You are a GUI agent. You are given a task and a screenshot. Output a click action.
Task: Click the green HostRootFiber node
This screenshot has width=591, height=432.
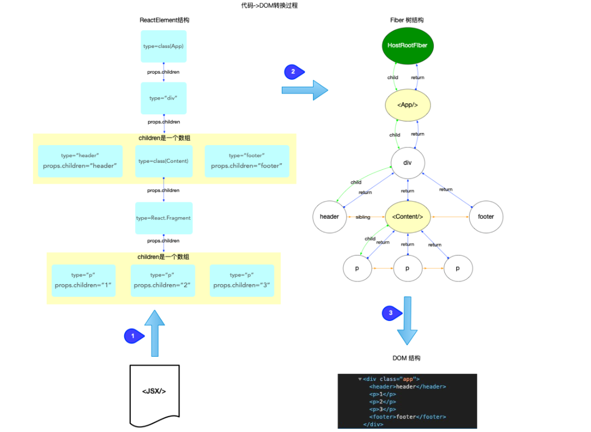click(408, 46)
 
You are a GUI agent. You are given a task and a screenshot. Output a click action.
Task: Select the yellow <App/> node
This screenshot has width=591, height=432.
click(408, 105)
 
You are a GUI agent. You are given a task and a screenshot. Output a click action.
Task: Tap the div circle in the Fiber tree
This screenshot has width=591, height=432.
click(408, 163)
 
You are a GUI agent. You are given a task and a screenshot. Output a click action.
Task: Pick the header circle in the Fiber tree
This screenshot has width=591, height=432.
click(330, 217)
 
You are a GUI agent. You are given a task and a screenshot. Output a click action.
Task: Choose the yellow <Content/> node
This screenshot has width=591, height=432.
click(408, 217)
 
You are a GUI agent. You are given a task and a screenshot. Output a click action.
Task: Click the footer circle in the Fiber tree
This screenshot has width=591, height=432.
click(486, 217)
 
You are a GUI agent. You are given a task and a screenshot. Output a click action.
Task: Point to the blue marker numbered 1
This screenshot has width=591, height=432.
click(134, 336)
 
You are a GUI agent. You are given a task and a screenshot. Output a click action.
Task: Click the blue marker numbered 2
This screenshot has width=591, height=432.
click(294, 71)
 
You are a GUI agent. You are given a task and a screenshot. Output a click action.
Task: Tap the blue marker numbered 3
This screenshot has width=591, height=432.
click(392, 313)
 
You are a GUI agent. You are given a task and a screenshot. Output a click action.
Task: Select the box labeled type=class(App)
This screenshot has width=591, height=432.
click(164, 46)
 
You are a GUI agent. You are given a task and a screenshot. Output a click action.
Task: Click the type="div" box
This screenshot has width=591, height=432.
click(164, 98)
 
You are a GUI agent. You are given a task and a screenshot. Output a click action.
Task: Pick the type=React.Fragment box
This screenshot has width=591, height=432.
click(164, 218)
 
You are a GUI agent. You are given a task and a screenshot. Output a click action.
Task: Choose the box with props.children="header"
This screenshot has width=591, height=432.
click(80, 161)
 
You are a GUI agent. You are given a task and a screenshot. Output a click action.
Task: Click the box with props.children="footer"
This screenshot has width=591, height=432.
click(247, 161)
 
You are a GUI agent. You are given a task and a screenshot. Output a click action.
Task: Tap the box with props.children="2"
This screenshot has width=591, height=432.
click(163, 281)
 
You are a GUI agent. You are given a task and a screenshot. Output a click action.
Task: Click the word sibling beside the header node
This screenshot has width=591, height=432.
click(363, 217)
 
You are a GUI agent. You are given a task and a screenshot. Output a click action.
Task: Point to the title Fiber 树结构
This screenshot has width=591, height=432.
click(406, 20)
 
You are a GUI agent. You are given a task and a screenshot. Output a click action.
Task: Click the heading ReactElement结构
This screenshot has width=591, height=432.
click(164, 20)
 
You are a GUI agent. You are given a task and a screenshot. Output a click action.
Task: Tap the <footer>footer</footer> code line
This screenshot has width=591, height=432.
click(408, 417)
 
